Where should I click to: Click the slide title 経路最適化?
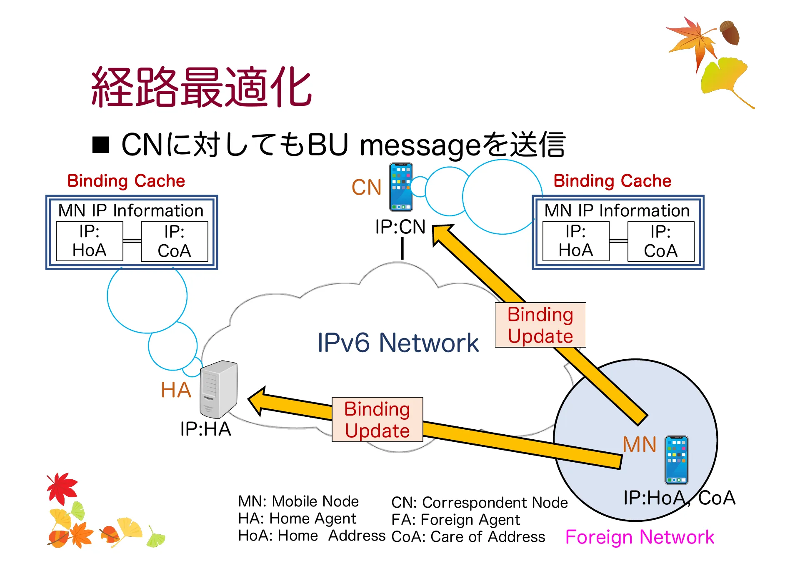tap(201, 87)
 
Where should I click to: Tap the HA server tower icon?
tap(218, 389)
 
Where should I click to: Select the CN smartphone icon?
tap(401, 187)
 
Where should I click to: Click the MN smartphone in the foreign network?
tap(676, 460)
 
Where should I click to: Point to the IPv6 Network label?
tap(398, 343)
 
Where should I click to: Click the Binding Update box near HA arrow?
tap(377, 420)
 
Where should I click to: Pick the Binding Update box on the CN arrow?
tap(540, 325)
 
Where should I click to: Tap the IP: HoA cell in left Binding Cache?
tap(89, 241)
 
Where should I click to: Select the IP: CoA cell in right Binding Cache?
tap(660, 241)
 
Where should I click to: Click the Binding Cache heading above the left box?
tap(126, 181)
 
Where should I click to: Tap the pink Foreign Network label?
tap(639, 537)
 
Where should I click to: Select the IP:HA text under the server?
tap(205, 429)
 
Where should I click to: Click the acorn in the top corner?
tap(730, 33)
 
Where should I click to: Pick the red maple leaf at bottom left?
tap(62, 488)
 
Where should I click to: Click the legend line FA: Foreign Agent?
tap(455, 520)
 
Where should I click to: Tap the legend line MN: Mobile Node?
tap(298, 501)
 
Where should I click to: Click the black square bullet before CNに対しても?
tap(100, 145)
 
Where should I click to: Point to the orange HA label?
tap(176, 390)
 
